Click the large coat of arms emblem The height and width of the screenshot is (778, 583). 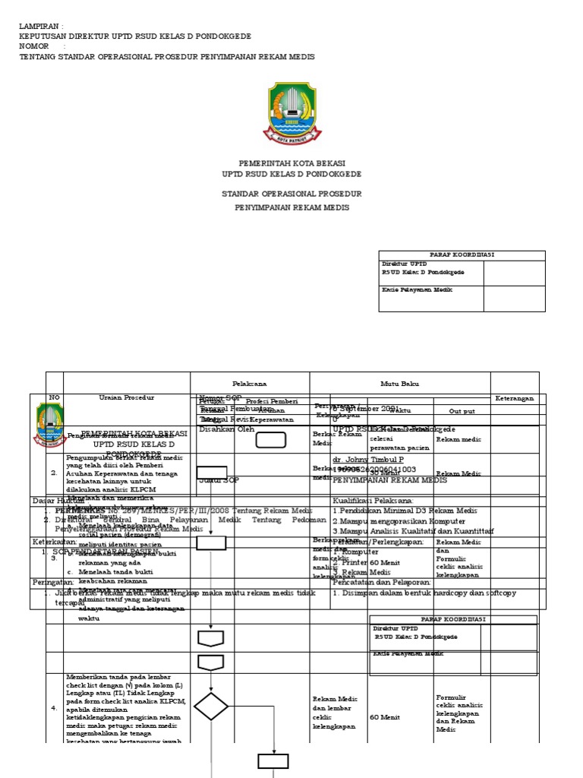click(292, 113)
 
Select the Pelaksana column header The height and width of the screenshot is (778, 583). click(249, 384)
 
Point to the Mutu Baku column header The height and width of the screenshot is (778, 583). click(399, 384)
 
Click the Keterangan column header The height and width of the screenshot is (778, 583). click(515, 398)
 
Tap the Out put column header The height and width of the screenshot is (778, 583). click(462, 410)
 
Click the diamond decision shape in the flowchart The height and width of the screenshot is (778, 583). click(210, 707)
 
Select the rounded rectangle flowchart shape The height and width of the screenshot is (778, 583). click(270, 440)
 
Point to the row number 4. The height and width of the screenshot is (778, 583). click(54, 707)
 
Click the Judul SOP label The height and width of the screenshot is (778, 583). click(219, 480)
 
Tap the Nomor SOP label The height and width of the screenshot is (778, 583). click(219, 398)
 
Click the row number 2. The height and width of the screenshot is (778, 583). click(54, 473)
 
